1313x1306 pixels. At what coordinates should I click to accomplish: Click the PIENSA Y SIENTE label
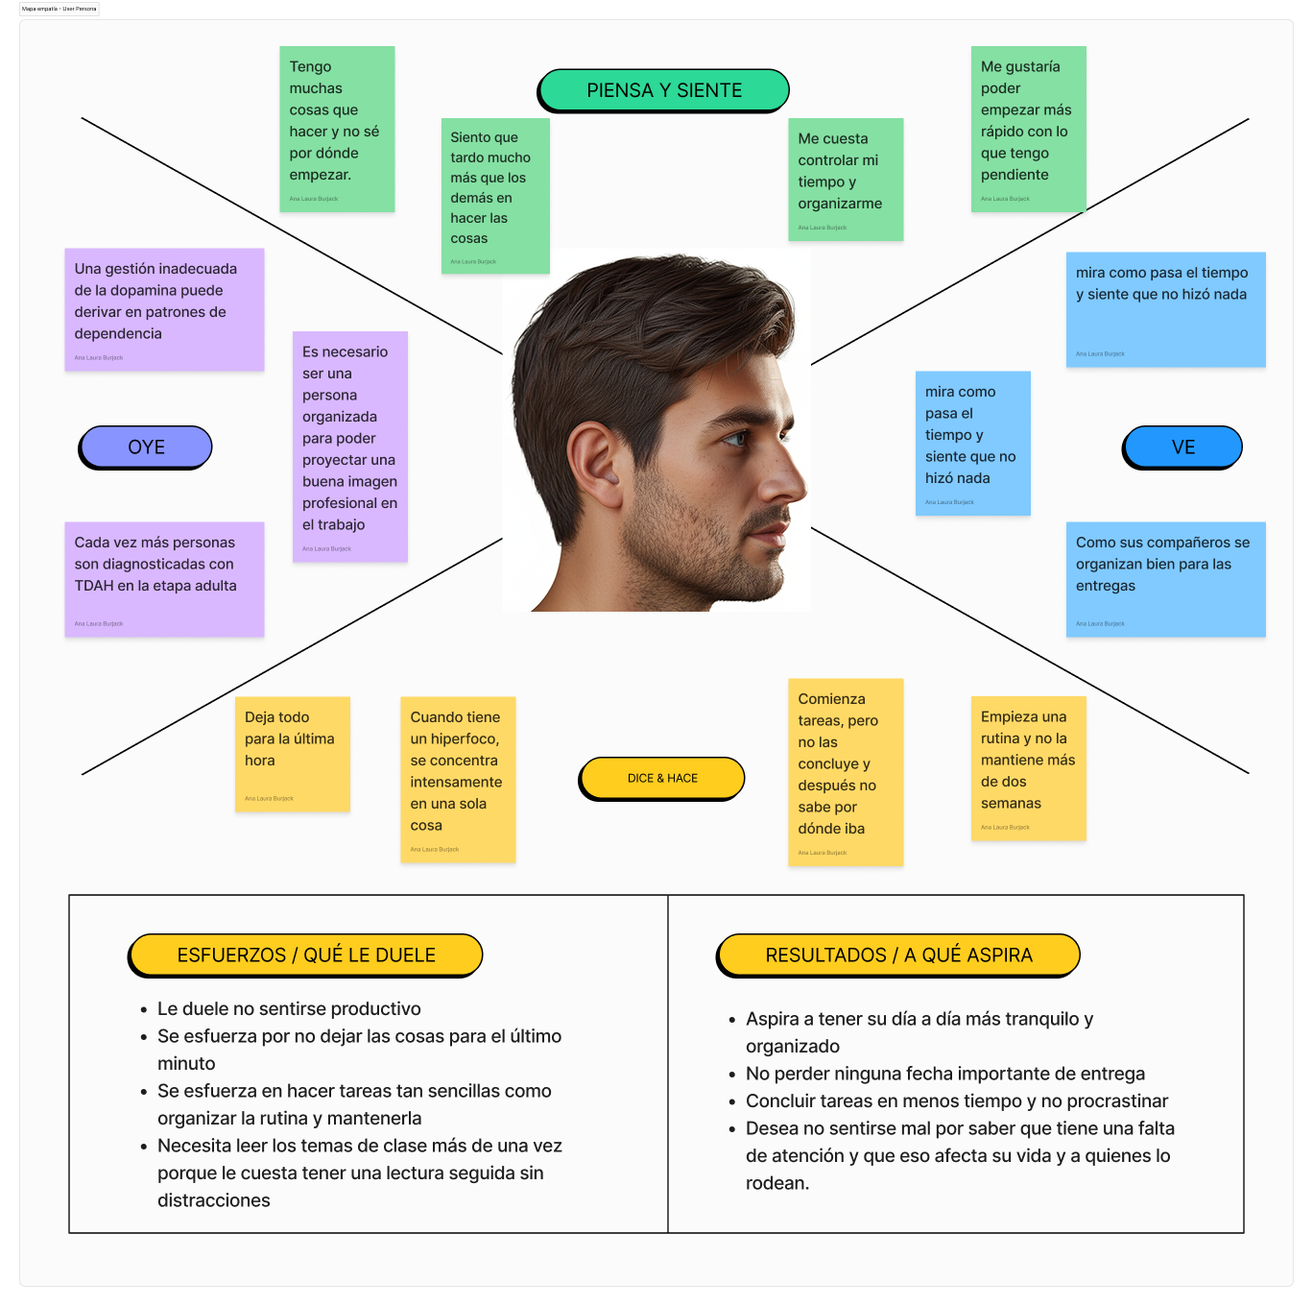(x=664, y=90)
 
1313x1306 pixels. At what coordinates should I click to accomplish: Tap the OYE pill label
(x=146, y=447)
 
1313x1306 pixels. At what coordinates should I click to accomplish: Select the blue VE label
(x=1182, y=447)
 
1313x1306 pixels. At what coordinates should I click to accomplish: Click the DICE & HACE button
(x=662, y=778)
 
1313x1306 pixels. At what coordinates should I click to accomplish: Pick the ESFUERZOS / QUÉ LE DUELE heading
(x=306, y=955)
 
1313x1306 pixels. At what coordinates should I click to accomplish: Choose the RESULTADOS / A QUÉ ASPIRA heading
(x=898, y=955)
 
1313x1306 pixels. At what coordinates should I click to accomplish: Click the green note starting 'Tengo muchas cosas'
(x=337, y=129)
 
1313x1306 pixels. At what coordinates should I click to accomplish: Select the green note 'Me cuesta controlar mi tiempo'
(x=846, y=179)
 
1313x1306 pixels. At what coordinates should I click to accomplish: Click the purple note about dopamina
(x=164, y=309)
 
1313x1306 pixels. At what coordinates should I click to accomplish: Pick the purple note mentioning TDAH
(x=164, y=579)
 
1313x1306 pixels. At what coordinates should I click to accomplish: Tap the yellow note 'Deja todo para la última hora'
(x=293, y=754)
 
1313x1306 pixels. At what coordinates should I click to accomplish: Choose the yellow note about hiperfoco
(x=458, y=779)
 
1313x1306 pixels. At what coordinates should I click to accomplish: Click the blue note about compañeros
(x=1165, y=579)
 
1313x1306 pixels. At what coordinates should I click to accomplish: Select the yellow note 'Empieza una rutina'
(x=1028, y=767)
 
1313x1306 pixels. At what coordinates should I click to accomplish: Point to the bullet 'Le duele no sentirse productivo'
(x=289, y=1008)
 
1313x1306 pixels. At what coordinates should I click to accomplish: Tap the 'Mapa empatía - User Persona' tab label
(x=60, y=9)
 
